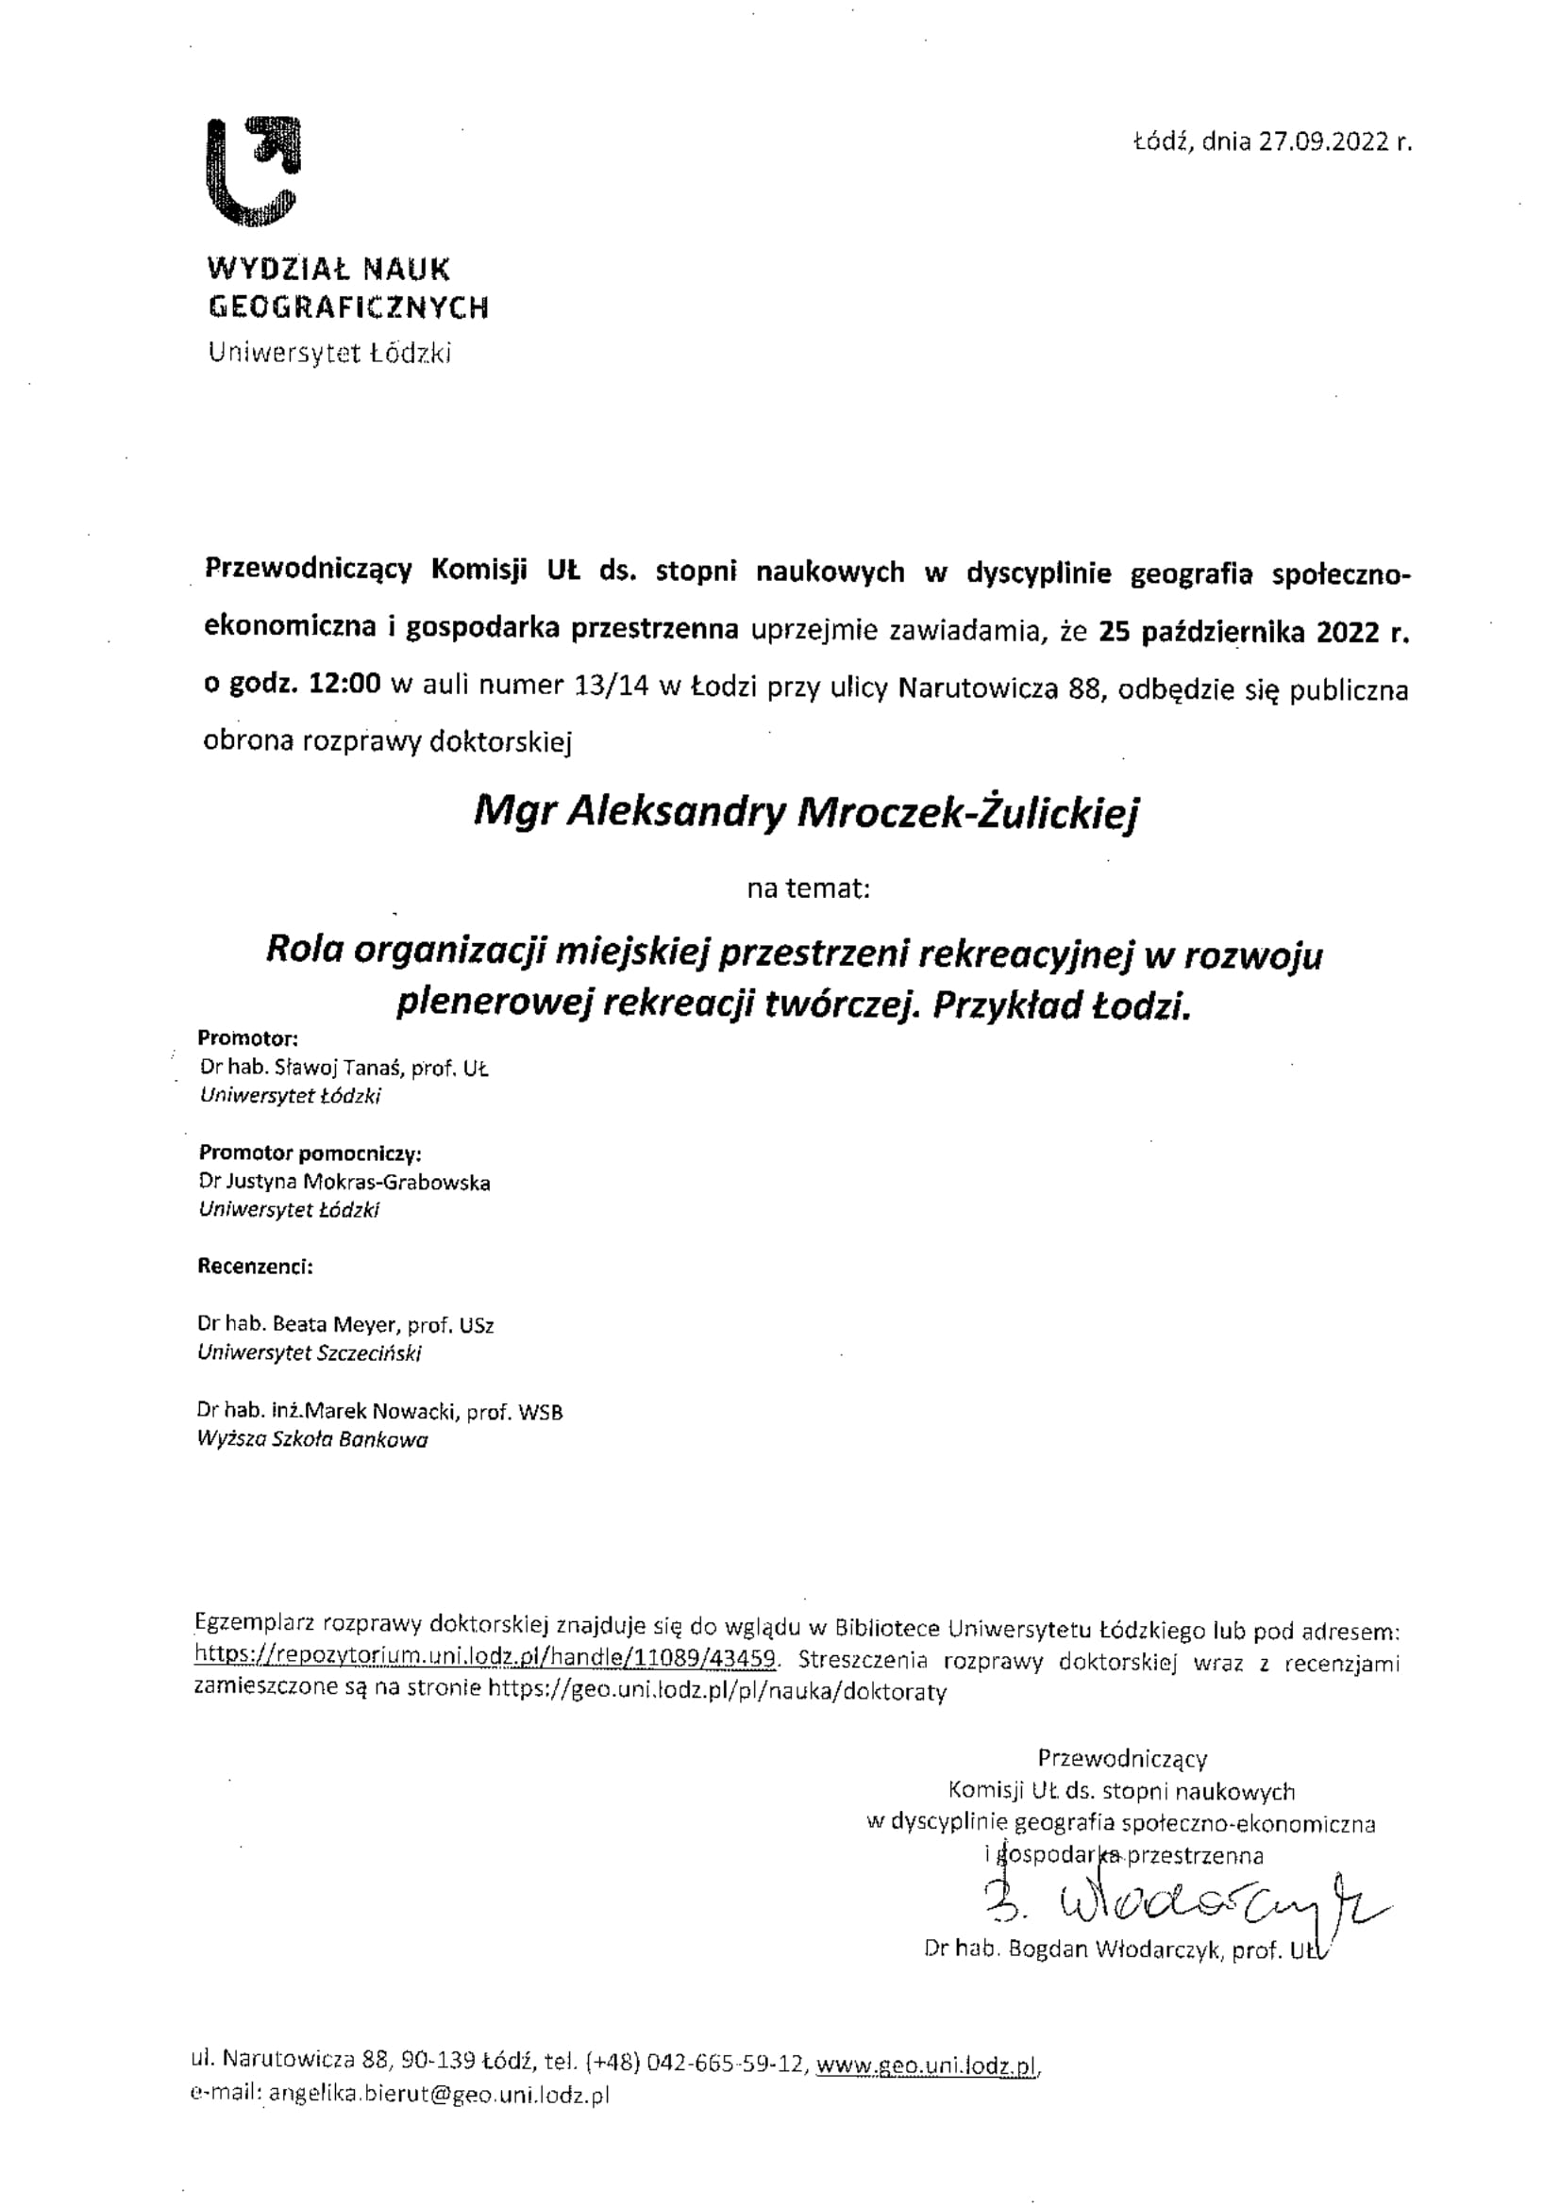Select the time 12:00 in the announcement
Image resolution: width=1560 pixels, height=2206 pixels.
click(345, 685)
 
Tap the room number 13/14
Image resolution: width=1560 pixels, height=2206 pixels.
click(611, 686)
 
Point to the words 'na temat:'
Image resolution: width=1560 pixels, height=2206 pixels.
click(809, 888)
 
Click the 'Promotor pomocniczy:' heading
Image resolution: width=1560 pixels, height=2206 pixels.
click(310, 1153)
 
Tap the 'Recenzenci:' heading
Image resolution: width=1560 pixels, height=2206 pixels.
click(256, 1267)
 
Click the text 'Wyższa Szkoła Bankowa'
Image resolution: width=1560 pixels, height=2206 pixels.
click(312, 1439)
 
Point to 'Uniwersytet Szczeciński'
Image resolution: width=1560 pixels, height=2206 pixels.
click(310, 1352)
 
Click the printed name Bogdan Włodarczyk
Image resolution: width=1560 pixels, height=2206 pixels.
click(1115, 1949)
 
